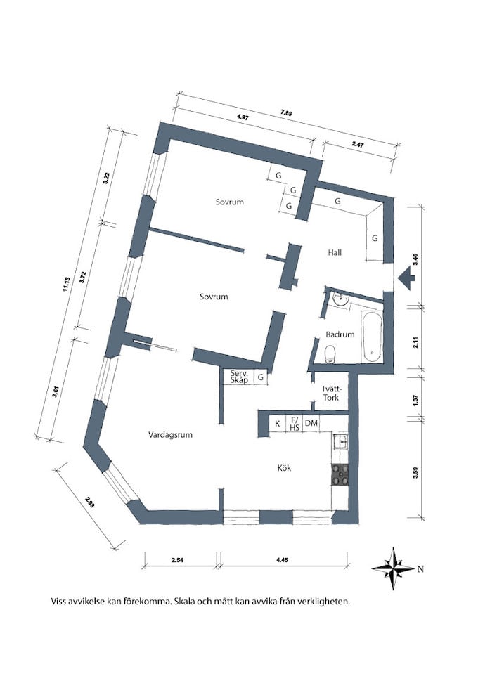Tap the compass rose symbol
(393, 568)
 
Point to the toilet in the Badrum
(330, 353)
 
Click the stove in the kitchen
(340, 476)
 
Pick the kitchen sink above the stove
(340, 441)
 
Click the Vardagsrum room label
(170, 434)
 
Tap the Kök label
(284, 467)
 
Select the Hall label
(335, 252)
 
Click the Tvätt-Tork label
(331, 393)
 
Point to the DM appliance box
(311, 423)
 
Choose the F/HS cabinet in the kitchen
(295, 423)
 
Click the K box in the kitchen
(278, 423)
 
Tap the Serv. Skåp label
(239, 377)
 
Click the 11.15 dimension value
(66, 285)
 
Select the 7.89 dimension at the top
(286, 113)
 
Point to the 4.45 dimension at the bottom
(282, 560)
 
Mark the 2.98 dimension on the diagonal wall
(90, 502)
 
